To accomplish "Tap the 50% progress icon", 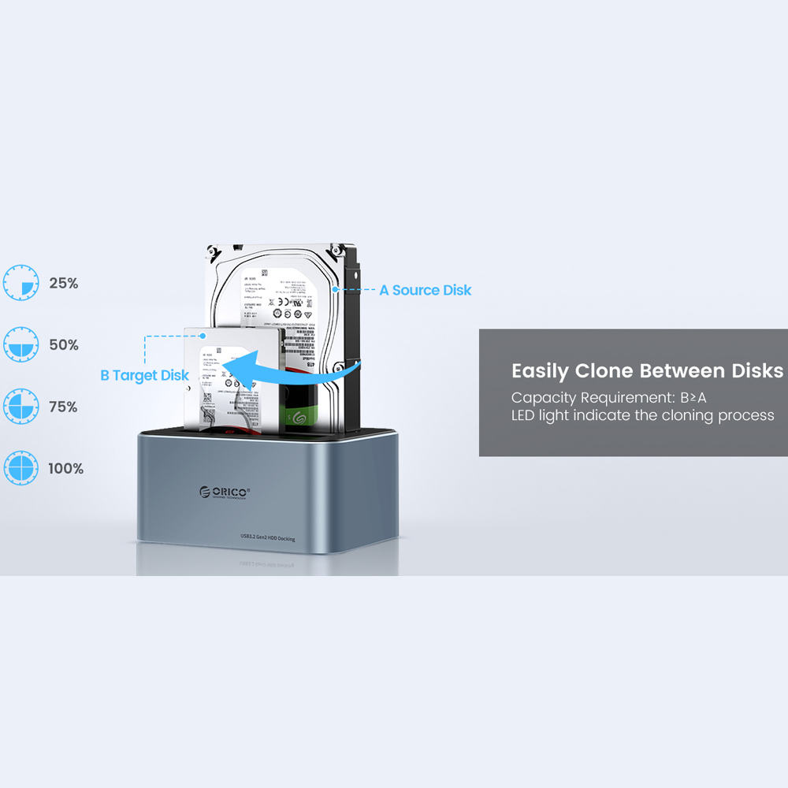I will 20,345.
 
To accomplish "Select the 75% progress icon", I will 20,407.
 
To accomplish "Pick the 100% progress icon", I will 20,468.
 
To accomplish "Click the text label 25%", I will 64,283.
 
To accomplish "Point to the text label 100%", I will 65,468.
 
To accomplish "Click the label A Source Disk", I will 426,290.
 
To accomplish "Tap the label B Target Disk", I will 144,375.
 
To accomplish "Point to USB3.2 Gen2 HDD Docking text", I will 268,537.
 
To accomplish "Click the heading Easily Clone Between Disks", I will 647,371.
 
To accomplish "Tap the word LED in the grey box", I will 523,415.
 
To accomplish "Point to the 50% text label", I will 64,345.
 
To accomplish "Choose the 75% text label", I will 64,407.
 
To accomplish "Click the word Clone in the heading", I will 604,371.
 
